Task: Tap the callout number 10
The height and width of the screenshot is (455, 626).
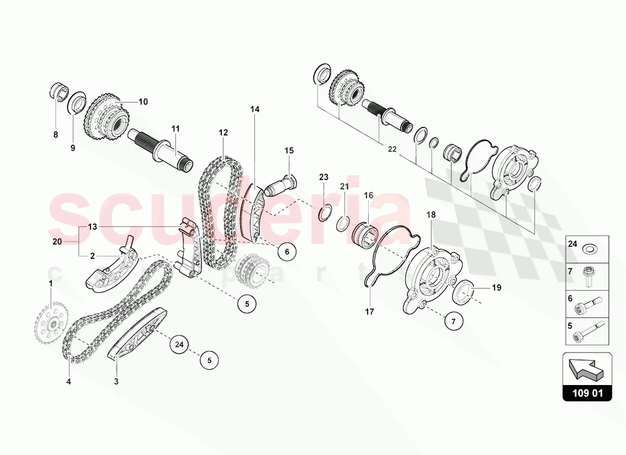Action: (x=143, y=102)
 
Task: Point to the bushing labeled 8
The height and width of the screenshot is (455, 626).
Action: (x=59, y=91)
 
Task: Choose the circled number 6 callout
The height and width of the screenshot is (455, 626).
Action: (x=287, y=251)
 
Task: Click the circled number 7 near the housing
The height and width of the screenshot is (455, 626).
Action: (x=454, y=321)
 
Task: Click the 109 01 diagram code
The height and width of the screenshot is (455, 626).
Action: (x=587, y=393)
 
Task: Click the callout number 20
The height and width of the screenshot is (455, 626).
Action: (x=56, y=242)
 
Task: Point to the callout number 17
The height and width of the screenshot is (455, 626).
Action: (x=369, y=311)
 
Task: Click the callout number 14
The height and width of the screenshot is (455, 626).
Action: (x=254, y=109)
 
